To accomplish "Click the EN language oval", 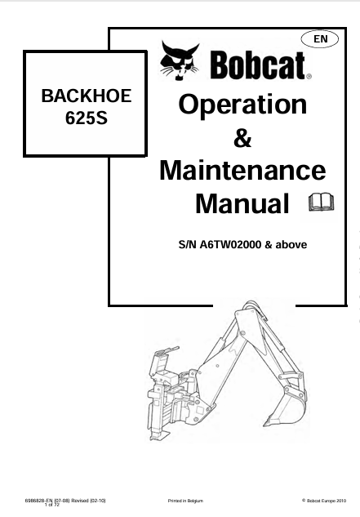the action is (x=319, y=39).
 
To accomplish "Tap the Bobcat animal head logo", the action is (x=180, y=60).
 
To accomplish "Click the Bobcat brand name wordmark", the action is (x=257, y=65).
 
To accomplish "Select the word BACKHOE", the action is (x=87, y=96).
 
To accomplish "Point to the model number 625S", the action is (x=87, y=118).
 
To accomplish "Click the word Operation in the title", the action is (x=242, y=105).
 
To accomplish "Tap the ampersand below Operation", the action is (x=242, y=138).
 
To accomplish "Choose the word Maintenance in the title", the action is (x=242, y=171).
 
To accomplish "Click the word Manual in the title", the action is (x=242, y=203).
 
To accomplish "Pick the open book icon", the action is (x=321, y=202).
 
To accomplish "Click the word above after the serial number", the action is (x=291, y=245).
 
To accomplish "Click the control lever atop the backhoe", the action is (x=171, y=350).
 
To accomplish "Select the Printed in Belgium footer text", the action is (x=185, y=501).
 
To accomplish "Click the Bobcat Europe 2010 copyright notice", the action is (x=324, y=501).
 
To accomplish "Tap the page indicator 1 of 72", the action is (x=52, y=505).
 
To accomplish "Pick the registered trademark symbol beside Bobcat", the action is (x=309, y=77).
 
